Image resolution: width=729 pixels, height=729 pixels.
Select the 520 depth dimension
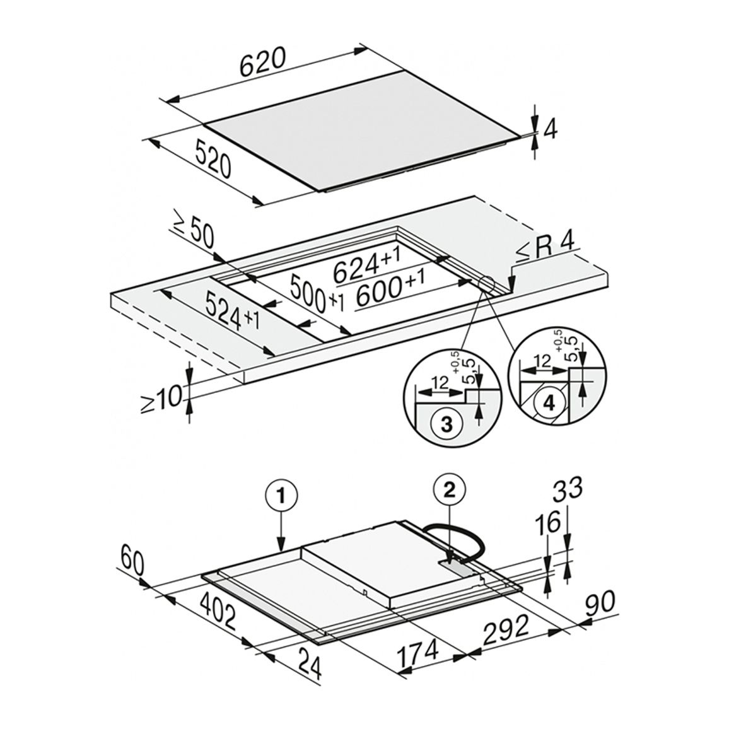[213, 160]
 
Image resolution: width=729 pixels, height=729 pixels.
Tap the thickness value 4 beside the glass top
[550, 131]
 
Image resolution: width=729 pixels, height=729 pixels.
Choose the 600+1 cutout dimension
[391, 291]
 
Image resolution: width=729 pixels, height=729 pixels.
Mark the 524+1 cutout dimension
[231, 312]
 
